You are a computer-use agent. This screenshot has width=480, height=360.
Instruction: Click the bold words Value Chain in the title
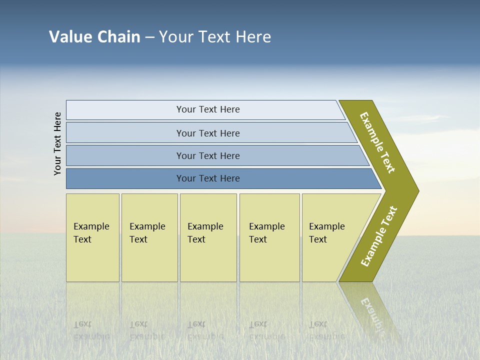(94, 37)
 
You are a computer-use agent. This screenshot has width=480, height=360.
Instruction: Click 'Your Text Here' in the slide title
(215, 37)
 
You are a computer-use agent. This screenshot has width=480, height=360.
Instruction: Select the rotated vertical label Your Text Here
(57, 143)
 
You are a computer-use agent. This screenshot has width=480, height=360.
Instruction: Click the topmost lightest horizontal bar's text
(208, 109)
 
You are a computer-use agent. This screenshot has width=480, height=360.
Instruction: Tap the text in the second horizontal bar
(208, 133)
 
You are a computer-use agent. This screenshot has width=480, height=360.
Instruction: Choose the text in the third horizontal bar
(208, 155)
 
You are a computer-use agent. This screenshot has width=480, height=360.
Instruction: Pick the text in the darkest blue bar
(208, 178)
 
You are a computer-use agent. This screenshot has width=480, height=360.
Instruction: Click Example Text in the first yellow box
(91, 233)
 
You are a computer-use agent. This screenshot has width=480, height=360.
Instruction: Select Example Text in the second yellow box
(147, 233)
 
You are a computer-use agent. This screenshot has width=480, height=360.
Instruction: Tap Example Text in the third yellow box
(205, 233)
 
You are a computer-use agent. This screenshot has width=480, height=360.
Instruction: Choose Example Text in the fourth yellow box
(266, 233)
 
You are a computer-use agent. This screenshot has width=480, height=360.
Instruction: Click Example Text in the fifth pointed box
(326, 233)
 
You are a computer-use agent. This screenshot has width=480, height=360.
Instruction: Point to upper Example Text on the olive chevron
(377, 142)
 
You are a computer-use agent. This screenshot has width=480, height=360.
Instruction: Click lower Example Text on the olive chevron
(379, 236)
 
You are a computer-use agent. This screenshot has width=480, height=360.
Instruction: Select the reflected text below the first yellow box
(91, 330)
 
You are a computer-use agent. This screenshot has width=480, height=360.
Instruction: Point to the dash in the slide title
(149, 37)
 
